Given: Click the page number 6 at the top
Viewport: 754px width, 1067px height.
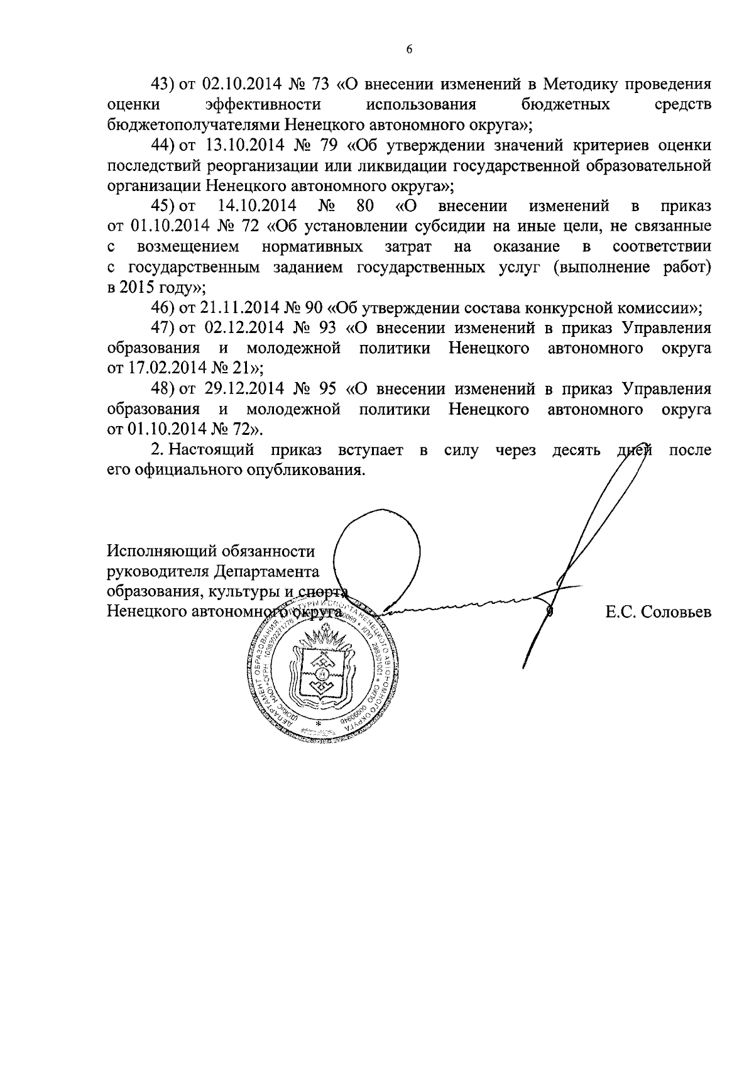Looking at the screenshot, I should coord(408,50).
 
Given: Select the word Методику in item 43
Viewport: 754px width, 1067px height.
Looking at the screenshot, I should coord(581,84).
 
